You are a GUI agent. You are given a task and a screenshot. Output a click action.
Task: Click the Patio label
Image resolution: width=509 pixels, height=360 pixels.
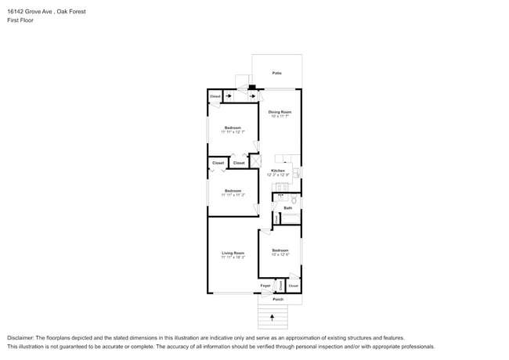[x=276, y=73]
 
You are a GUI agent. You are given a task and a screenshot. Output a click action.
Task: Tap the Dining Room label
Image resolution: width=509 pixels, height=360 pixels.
[x=280, y=112]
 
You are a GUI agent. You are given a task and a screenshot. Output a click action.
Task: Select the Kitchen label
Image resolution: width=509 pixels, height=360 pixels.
[x=278, y=170]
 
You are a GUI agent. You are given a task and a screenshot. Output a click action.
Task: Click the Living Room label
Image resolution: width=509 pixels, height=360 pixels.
[x=233, y=253]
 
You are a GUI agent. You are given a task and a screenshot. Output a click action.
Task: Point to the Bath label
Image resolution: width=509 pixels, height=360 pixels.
[x=287, y=207]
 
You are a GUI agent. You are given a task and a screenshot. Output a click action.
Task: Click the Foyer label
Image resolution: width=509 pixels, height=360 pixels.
[x=265, y=286]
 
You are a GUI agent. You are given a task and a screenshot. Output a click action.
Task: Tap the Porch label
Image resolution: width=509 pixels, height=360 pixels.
[x=277, y=299]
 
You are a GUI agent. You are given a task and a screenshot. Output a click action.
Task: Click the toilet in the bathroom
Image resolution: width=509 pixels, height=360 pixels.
[x=294, y=200]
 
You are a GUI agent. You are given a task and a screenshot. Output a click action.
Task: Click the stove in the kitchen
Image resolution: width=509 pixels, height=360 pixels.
[x=280, y=187]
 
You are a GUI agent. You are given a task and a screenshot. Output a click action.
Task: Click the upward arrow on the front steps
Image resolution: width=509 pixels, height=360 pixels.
[x=273, y=317]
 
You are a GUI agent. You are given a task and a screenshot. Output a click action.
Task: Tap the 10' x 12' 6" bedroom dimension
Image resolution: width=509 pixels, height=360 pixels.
[x=280, y=254]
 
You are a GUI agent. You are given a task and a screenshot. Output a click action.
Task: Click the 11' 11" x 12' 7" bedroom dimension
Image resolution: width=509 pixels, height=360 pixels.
[x=233, y=132]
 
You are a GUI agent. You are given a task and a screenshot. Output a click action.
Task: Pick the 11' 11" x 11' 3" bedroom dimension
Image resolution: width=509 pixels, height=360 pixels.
[x=233, y=195]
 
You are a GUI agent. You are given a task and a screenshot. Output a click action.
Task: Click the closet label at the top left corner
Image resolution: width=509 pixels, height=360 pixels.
[x=215, y=96]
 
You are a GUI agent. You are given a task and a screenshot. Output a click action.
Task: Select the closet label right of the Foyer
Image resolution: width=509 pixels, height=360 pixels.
[x=293, y=286]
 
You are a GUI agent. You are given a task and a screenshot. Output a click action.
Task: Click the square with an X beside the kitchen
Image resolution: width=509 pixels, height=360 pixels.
[x=254, y=162]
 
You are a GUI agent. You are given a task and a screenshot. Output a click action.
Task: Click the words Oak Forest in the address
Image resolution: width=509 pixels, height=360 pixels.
[x=70, y=12]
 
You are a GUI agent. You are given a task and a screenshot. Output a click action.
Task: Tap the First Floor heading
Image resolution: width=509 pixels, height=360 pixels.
[x=20, y=20]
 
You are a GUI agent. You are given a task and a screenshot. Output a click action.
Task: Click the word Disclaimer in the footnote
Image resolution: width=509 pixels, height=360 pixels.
[x=21, y=338]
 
